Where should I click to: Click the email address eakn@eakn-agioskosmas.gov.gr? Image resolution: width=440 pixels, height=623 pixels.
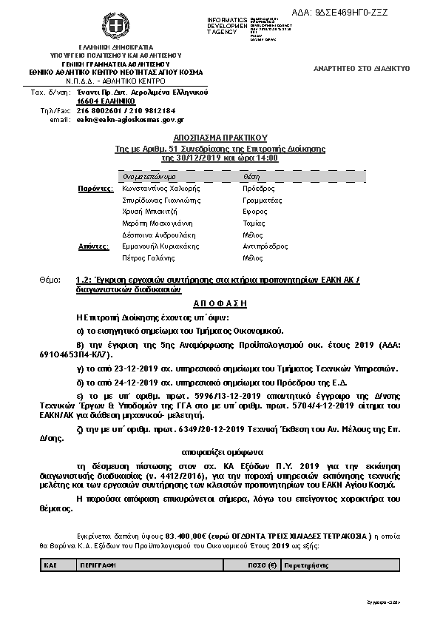click(x=130, y=119)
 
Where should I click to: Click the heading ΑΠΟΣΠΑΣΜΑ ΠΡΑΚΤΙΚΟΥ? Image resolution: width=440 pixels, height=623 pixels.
click(x=220, y=138)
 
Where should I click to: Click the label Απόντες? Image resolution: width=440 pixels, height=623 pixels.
click(x=93, y=246)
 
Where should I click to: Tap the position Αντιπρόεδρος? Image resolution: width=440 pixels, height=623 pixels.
click(x=265, y=246)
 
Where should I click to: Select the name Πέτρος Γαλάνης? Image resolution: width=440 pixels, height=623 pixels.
click(x=148, y=257)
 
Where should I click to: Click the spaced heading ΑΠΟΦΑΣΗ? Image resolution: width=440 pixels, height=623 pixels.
click(x=220, y=303)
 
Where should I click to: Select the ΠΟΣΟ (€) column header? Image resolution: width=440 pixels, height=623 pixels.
click(x=261, y=564)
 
